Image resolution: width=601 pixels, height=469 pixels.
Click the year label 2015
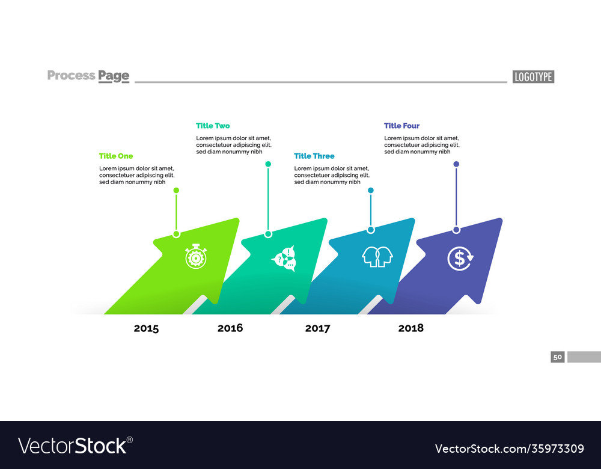point(146,328)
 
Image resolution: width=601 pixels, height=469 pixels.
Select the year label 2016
point(230,328)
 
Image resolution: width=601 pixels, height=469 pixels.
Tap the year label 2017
point(317,328)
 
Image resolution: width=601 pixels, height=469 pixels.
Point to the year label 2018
point(410,328)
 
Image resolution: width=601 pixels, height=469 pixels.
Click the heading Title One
point(116,156)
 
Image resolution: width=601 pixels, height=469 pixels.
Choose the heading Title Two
point(213,126)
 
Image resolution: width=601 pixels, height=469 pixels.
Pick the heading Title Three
point(314,156)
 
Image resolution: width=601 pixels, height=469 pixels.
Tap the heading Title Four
point(401,126)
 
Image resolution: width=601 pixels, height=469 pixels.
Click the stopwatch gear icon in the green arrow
point(196,257)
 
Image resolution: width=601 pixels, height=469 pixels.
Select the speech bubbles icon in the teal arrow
point(284,259)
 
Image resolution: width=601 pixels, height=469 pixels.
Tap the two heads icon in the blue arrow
point(377,257)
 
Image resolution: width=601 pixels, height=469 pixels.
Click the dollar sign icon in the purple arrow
point(460,259)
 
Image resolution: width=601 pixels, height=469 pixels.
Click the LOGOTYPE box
point(533,76)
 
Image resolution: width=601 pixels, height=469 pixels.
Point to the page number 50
point(558,357)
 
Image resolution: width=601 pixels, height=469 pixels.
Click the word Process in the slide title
point(71,75)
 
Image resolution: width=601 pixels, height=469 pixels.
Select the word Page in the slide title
point(114,76)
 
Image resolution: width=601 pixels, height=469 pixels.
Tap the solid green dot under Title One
point(176,190)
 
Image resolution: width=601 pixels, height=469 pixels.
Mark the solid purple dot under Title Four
point(456,164)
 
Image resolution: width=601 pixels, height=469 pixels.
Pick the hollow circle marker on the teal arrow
point(268,234)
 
